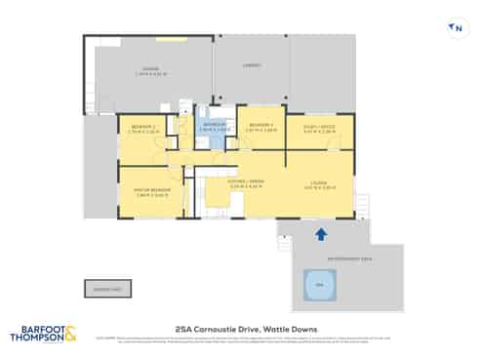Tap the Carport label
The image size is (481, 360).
[x=251, y=65]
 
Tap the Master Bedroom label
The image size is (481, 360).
[x=144, y=190]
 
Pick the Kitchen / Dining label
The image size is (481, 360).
[x=244, y=184]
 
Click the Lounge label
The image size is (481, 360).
[x=319, y=184]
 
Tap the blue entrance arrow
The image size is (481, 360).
[x=320, y=234]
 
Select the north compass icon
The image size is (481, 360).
[x=455, y=28]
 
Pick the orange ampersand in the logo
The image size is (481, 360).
[x=70, y=333]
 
